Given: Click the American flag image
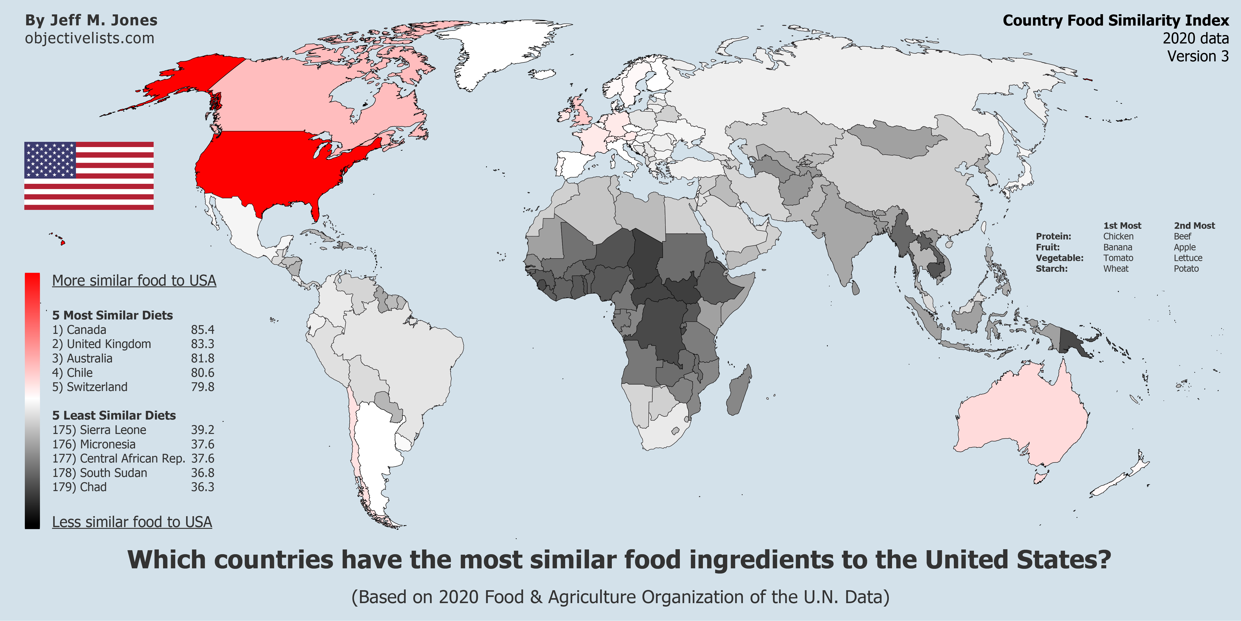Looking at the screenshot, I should coord(89,176).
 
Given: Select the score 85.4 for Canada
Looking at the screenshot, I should coord(202,330).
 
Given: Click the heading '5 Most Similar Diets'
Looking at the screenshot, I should coord(112,315).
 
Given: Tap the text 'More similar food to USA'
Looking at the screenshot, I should coord(134,281).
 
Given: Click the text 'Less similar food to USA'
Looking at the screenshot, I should coord(132,522).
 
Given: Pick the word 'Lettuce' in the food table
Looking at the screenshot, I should coord(1188,258).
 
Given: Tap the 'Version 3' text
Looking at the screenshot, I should coord(1198,56).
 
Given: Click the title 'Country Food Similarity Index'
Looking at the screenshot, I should coord(1115,20).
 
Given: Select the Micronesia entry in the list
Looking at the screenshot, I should coord(94,444).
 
